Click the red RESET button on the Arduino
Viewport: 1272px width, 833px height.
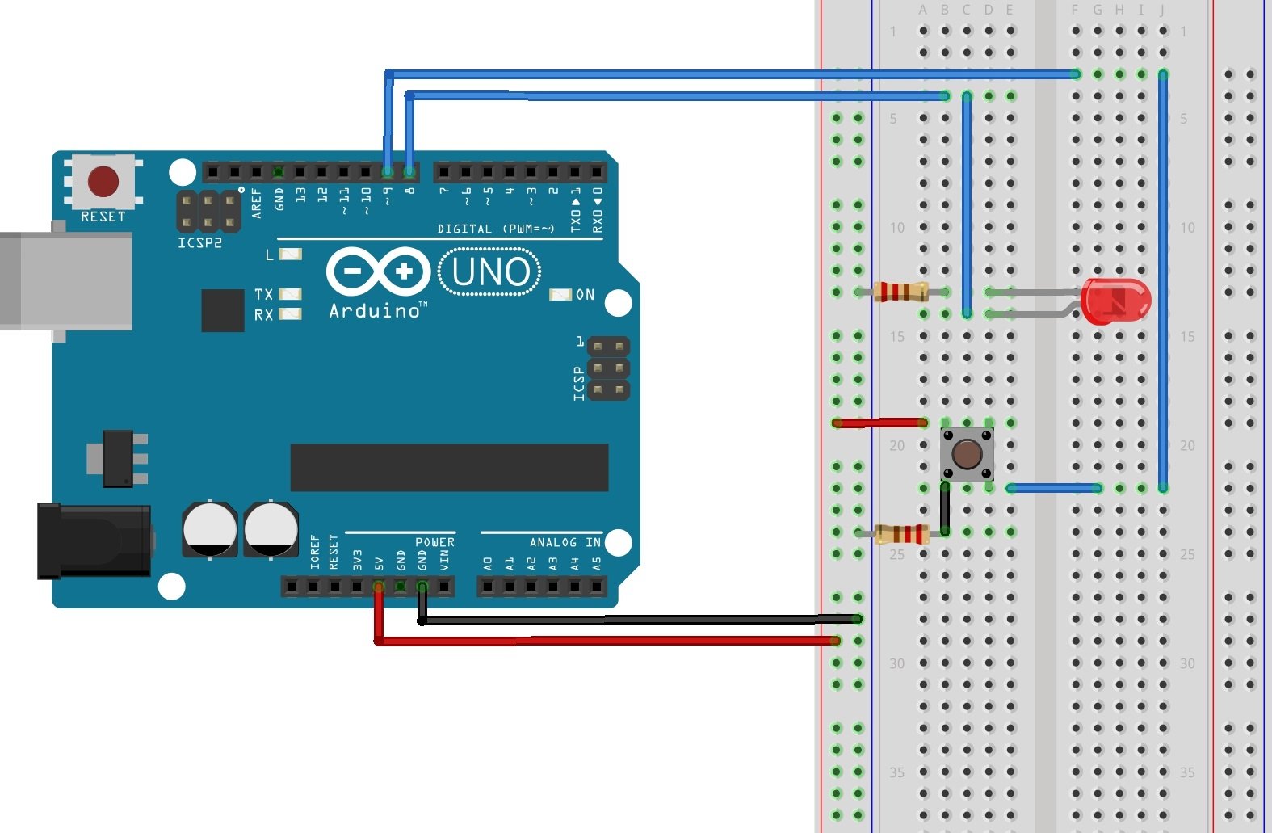(x=103, y=182)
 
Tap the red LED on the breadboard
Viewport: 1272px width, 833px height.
(x=1115, y=301)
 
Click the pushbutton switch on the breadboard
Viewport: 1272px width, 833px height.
(x=967, y=454)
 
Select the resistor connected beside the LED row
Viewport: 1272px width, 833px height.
(x=901, y=292)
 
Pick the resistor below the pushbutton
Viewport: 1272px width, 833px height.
(x=901, y=532)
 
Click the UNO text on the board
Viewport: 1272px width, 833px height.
(x=490, y=272)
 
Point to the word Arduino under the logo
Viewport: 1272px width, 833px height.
(x=376, y=311)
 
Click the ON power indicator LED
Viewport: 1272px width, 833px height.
(x=560, y=295)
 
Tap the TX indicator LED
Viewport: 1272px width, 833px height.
(x=290, y=294)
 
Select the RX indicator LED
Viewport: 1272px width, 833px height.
(x=290, y=314)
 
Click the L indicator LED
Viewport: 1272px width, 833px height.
(x=290, y=254)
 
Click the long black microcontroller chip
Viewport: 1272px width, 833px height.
(x=449, y=467)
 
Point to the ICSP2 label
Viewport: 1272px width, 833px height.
(x=199, y=242)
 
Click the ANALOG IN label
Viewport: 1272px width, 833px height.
(x=565, y=542)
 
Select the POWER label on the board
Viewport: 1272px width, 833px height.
(x=434, y=542)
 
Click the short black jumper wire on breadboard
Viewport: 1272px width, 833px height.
(x=945, y=509)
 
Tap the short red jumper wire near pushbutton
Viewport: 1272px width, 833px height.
(x=880, y=423)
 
